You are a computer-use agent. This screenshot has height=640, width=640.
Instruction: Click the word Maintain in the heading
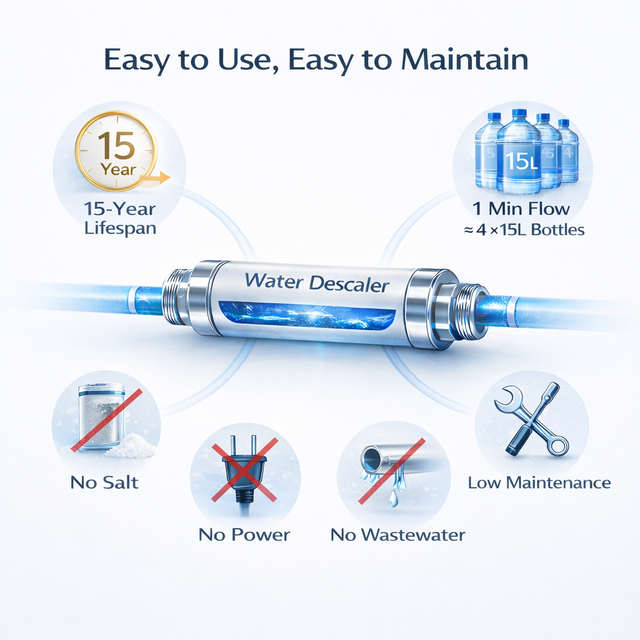[x=464, y=59]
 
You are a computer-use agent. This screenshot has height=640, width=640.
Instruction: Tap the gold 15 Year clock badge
[x=117, y=151]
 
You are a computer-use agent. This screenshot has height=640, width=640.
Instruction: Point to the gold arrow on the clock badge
[x=155, y=178]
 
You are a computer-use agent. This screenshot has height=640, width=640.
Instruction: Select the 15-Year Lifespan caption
[x=120, y=218]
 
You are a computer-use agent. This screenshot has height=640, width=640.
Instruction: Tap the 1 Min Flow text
[x=521, y=209]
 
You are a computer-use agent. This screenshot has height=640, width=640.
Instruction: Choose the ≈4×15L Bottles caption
[x=524, y=230]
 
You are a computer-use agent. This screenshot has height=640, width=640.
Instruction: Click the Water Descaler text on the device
[x=316, y=282]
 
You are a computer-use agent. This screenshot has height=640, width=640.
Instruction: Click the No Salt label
[x=104, y=482]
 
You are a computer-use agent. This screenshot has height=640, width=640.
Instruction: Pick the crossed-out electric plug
[x=245, y=470]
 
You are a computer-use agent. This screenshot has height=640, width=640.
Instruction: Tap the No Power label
[x=244, y=535]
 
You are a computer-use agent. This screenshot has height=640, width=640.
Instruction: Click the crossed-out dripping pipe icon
[x=392, y=470]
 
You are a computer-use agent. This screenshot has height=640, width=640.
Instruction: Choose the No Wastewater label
[x=397, y=535]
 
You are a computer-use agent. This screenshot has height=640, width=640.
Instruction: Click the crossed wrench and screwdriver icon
[x=531, y=419]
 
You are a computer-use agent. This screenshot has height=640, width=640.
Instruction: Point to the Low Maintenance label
[x=539, y=483]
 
